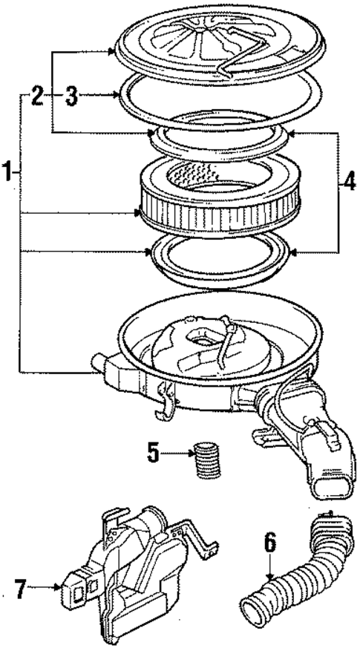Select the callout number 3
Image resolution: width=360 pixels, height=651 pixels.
71,94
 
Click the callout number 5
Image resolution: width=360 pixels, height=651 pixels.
153,453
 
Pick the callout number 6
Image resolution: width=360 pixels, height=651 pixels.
270,543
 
